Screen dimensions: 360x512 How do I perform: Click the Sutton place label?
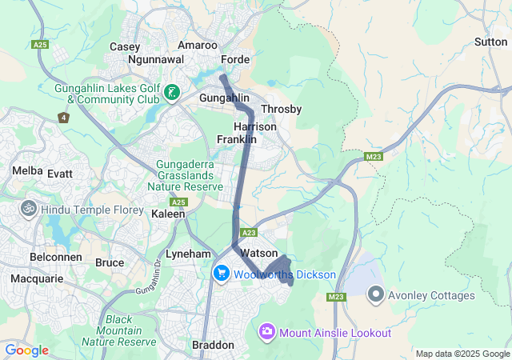point(490,41)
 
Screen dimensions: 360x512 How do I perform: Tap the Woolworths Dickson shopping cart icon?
point(221,274)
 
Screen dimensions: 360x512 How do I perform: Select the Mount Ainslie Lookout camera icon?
point(267,331)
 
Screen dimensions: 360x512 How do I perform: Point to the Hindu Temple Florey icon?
point(30,208)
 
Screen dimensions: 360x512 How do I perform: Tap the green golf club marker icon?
point(171,94)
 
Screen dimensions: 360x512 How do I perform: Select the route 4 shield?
point(63,118)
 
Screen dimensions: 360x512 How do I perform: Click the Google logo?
point(26,350)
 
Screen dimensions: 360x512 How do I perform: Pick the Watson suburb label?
point(259,253)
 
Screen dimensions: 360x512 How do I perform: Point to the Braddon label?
point(214,345)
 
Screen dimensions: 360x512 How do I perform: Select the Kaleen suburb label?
point(169,214)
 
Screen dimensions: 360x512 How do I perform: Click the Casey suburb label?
point(125,46)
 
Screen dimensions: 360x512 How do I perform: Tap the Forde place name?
point(236,59)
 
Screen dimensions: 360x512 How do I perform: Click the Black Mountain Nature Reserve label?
point(130,330)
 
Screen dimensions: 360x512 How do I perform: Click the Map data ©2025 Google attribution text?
point(462,354)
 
